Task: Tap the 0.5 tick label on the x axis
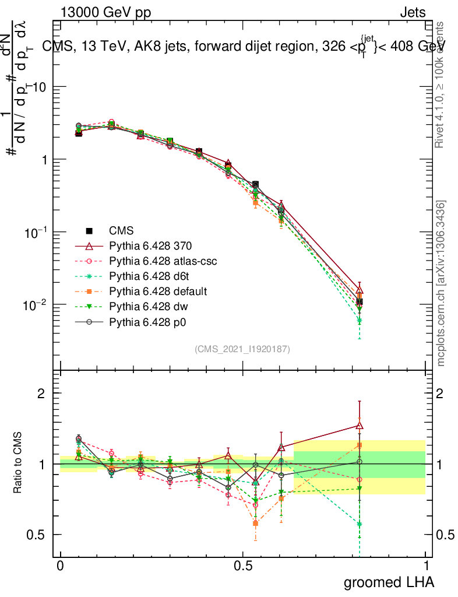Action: tap(243, 566)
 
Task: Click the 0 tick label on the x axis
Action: tap(60, 566)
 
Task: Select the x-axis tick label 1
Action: tap(426, 566)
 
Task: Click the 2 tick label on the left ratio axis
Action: tap(41, 393)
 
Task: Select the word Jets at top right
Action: tap(412, 13)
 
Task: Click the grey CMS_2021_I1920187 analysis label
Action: tap(242, 349)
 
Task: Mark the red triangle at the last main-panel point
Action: tap(360, 290)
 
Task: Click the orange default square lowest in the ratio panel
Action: tap(255, 523)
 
